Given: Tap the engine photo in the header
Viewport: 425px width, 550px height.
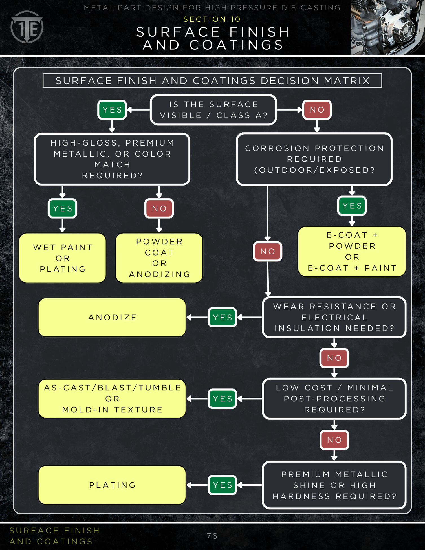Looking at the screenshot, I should click(x=387, y=27).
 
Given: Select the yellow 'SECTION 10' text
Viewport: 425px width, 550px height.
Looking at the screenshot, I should click(x=212, y=19).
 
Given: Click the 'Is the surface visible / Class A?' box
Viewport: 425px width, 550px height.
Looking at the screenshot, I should click(x=213, y=110).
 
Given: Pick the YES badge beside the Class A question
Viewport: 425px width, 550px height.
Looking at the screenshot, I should click(x=112, y=110).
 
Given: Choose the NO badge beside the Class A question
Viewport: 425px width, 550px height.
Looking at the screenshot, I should click(x=317, y=110).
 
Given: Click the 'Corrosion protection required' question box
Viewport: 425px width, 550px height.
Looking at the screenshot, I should click(x=314, y=159).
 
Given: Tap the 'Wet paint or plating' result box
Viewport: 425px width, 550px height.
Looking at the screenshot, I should click(x=62, y=258).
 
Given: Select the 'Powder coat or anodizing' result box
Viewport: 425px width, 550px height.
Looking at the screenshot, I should click(x=159, y=258).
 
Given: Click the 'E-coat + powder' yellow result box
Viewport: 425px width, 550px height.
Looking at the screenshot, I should click(x=352, y=251).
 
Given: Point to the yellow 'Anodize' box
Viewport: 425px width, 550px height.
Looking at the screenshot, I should click(x=112, y=317).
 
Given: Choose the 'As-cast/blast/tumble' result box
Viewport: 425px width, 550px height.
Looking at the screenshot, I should click(x=112, y=399).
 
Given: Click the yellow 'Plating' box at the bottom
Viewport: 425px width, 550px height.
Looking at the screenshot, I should click(x=112, y=485).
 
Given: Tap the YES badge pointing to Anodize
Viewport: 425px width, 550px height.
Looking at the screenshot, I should click(x=222, y=317).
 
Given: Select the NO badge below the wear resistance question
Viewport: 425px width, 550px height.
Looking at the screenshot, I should click(x=334, y=358).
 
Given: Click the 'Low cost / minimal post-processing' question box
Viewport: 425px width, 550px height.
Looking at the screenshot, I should click(x=334, y=399).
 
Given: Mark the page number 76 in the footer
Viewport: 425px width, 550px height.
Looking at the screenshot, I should click(x=212, y=536).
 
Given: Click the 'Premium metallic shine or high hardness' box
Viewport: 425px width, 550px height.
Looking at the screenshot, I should click(x=334, y=485).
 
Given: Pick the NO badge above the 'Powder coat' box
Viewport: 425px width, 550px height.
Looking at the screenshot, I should click(x=159, y=208).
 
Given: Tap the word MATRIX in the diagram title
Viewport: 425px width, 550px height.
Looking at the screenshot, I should click(x=347, y=81).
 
